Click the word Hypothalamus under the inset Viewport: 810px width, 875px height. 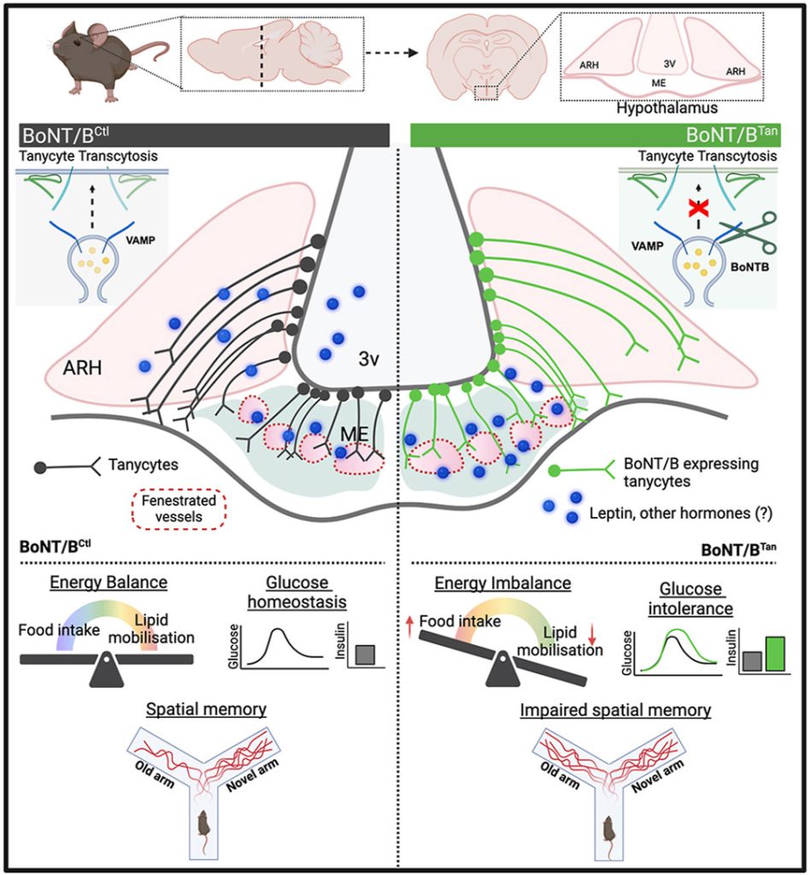666,107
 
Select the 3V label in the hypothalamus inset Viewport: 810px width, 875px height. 669,63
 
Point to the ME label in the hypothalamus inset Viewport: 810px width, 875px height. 659,83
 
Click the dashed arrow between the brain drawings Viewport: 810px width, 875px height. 391,53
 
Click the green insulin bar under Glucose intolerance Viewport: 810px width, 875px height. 775,654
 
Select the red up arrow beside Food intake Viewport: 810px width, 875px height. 410,626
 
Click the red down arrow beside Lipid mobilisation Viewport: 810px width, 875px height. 592,634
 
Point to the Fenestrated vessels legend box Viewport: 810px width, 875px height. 179,509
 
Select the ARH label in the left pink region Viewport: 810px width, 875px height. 82,367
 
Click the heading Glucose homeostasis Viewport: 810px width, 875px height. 296,592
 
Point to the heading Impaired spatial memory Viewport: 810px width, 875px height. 615,710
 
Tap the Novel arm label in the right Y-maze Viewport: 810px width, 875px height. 658,776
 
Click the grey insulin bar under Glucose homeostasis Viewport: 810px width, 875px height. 365,655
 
